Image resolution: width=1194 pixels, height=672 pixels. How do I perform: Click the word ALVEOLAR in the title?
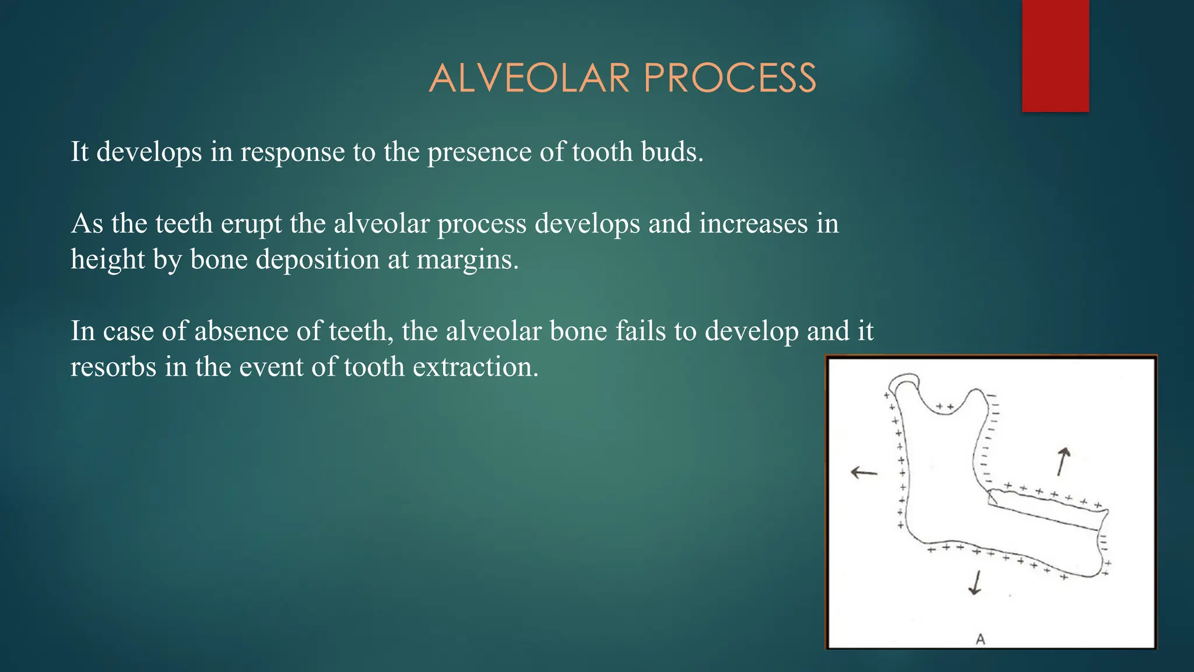point(529,78)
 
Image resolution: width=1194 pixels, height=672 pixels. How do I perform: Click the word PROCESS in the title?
point(730,78)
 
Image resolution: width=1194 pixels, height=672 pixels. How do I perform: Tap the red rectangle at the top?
point(1055,55)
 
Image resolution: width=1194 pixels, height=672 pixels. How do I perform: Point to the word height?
point(107,260)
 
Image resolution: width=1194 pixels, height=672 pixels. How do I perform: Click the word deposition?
point(318,260)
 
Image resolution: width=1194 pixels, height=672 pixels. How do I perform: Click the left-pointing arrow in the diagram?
point(863,472)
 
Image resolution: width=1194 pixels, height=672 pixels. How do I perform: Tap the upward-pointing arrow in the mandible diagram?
point(1063,461)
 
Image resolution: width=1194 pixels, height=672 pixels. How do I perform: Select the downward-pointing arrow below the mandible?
point(975,583)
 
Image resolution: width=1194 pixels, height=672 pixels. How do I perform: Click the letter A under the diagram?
point(980,639)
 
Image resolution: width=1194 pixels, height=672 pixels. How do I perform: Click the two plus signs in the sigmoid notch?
point(944,407)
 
